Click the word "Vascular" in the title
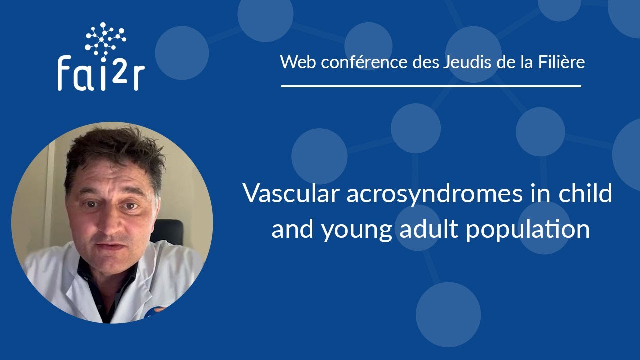[289, 194]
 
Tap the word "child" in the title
[587, 194]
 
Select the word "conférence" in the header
[360, 62]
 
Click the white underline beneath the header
[431, 86]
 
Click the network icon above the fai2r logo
[105, 38]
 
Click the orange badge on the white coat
[159, 310]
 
